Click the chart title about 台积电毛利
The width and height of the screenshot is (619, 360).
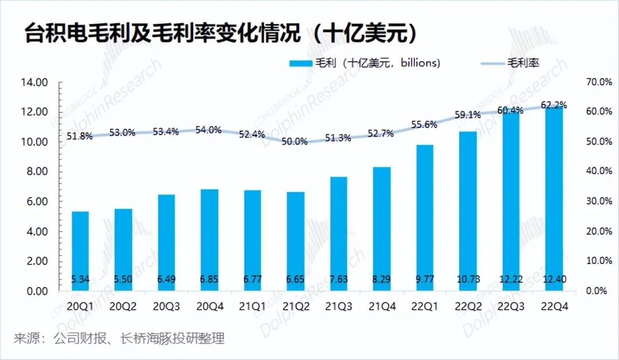click(x=221, y=33)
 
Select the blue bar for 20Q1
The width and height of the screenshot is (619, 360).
click(x=80, y=251)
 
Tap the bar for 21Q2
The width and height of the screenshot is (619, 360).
click(x=296, y=241)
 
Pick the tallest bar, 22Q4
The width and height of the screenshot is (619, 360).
click(x=554, y=198)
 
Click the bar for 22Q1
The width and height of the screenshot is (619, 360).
click(x=425, y=218)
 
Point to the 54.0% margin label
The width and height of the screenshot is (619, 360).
click(x=209, y=130)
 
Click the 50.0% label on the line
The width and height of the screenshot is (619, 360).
click(x=295, y=142)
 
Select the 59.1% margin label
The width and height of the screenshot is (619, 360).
click(x=468, y=115)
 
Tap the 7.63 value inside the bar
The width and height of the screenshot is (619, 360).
click(x=339, y=279)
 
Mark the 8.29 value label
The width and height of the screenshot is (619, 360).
click(x=382, y=279)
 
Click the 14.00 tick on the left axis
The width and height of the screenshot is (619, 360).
click(x=34, y=83)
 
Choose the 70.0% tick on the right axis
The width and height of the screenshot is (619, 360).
click(x=600, y=82)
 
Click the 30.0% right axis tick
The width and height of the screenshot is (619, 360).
click(x=600, y=201)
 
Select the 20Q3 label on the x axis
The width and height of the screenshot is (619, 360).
click(x=166, y=307)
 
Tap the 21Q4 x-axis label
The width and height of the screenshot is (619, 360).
click(x=382, y=307)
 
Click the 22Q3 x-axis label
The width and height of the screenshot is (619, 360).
click(x=511, y=307)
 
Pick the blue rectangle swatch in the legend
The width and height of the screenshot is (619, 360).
click(x=301, y=63)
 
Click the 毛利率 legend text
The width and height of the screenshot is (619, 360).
click(x=523, y=62)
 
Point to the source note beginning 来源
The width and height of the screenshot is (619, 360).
click(x=119, y=338)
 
